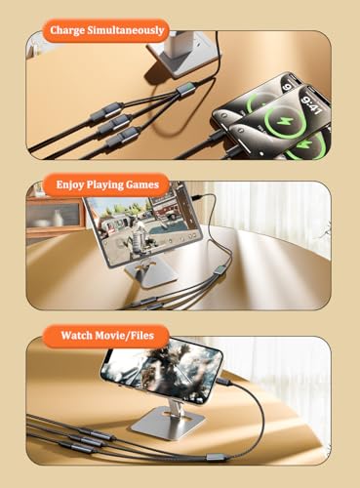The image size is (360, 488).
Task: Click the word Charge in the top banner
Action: (x=67, y=30)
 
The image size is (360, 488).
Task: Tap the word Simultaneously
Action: (x=126, y=30)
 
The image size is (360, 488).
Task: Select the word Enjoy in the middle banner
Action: (x=66, y=184)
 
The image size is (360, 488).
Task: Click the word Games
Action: (x=142, y=184)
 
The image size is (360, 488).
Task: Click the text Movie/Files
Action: (x=125, y=336)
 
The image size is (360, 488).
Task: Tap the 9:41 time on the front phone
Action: (x=311, y=104)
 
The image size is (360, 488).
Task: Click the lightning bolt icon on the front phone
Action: (x=280, y=121)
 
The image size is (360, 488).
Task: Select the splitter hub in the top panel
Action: (x=185, y=89)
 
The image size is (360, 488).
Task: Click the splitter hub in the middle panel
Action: (x=219, y=270)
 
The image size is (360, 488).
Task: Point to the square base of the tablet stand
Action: (x=150, y=275)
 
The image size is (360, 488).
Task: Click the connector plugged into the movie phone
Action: (x=224, y=382)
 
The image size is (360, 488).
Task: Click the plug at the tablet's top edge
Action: (x=196, y=197)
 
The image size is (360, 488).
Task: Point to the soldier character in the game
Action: (x=138, y=235)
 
